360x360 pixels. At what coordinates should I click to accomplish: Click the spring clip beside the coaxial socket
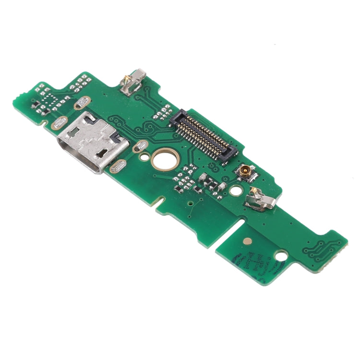(256, 197)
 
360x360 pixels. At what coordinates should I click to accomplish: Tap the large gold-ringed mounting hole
(164, 160)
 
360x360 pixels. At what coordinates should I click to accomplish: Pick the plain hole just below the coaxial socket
(235, 190)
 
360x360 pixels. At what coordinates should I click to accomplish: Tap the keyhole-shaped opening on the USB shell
(102, 153)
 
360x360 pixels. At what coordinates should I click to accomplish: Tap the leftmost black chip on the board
(36, 103)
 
